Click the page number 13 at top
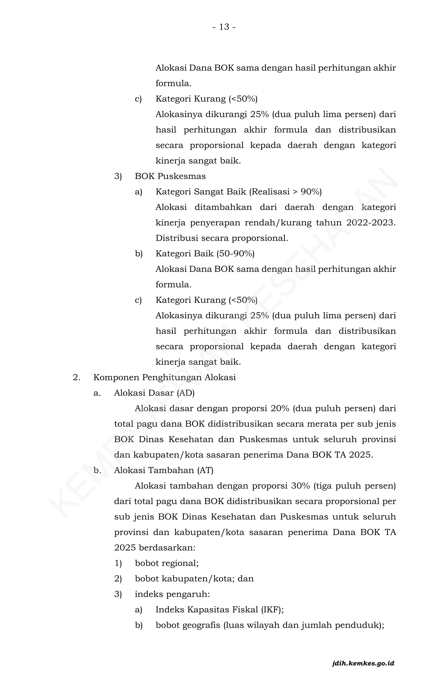point(224,27)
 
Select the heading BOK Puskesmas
point(170,176)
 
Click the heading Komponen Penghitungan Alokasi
point(164,378)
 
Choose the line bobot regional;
point(167,563)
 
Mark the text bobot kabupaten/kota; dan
point(194,579)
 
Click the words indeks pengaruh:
point(172,594)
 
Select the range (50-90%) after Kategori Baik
point(236,254)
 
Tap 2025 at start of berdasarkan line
point(125,548)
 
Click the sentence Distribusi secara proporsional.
point(222,238)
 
